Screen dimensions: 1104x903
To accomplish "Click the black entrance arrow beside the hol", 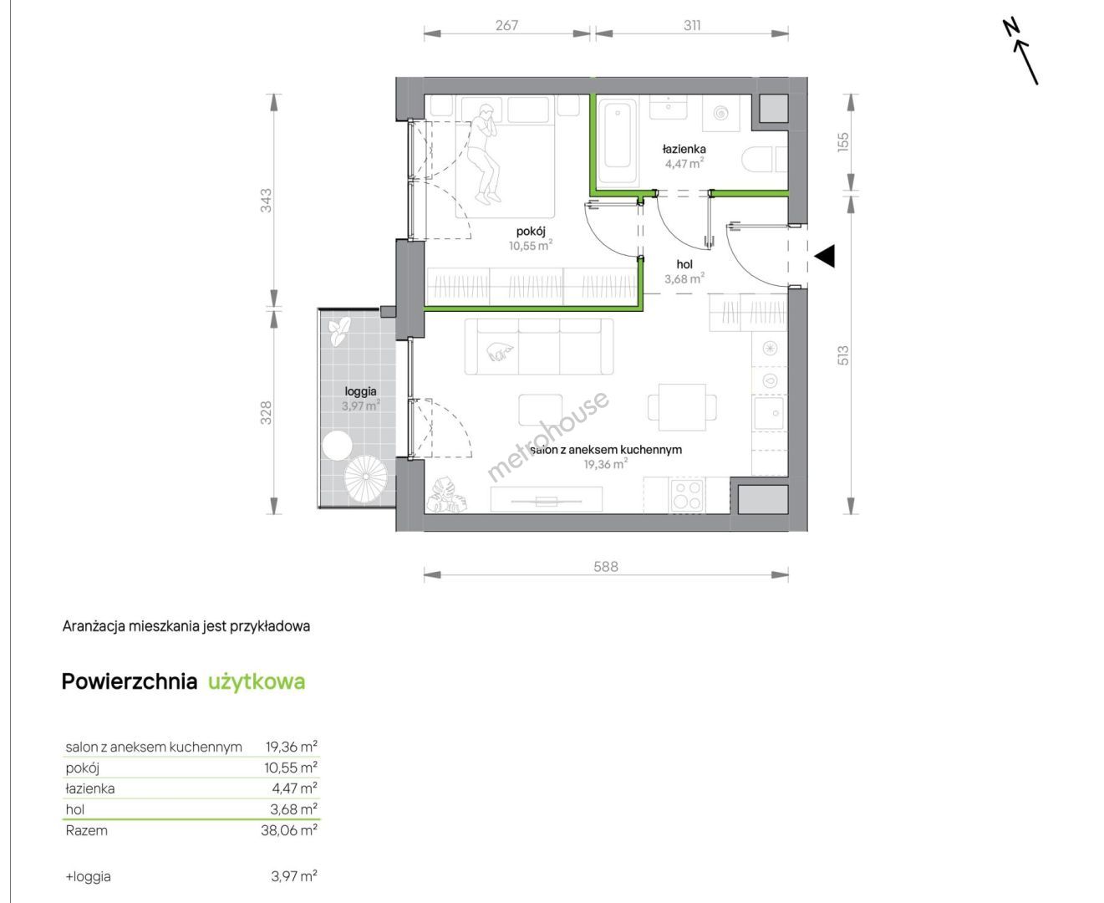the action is click(x=825, y=257).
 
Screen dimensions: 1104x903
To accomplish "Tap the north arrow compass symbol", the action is click(x=1020, y=52).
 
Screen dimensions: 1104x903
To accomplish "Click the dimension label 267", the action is click(x=506, y=25).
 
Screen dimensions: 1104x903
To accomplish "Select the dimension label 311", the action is click(x=692, y=25).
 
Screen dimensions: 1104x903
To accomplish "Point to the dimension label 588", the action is click(x=606, y=567).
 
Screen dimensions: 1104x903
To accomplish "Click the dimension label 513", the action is click(x=843, y=355).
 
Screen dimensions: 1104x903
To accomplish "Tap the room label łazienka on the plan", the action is click(x=684, y=149).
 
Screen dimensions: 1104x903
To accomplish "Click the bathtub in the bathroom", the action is click(x=618, y=141).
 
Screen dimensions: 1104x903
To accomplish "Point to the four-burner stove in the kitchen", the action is click(x=687, y=496).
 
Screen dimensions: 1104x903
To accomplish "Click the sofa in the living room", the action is click(x=539, y=346).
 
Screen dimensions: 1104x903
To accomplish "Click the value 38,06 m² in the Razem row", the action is click(x=289, y=830).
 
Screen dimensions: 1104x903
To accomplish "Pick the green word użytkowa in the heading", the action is click(x=257, y=682).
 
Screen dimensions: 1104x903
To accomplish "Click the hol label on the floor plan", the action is click(x=684, y=264).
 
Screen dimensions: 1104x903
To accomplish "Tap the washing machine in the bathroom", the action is click(x=721, y=113).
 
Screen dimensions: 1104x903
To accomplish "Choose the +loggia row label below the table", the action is click(x=88, y=876).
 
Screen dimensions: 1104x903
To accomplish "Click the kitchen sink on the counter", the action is click(x=769, y=413).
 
